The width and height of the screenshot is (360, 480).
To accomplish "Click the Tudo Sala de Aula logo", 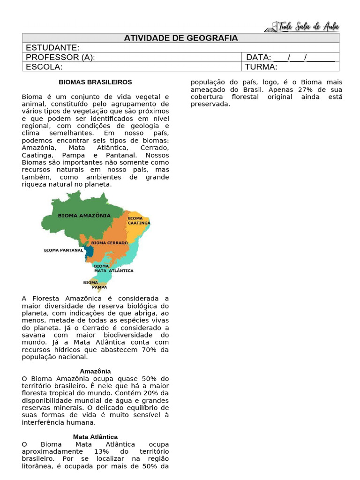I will tap(302, 26).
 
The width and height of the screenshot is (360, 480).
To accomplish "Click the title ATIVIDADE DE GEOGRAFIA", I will tap(181, 38).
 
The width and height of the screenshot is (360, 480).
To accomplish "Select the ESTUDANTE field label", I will tap(52, 47).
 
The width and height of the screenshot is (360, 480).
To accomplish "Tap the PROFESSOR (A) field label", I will tap(60, 57).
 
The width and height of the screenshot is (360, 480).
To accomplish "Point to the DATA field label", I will tap(259, 57).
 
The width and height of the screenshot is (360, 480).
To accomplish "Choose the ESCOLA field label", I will tap(44, 67).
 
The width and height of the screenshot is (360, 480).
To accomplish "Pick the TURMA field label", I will tap(261, 67).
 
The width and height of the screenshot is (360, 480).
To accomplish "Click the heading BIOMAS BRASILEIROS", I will tap(95, 82).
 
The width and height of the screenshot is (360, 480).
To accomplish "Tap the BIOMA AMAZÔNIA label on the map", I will tap(84, 216).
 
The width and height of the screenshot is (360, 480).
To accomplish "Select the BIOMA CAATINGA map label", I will tap(139, 221).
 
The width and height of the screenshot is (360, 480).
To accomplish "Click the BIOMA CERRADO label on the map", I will tap(109, 243).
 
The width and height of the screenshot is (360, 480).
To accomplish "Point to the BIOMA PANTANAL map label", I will tap(63, 250).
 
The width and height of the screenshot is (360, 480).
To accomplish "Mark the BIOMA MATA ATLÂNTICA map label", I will tap(113, 268).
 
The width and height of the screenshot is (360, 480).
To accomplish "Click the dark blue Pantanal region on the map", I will tap(89, 251).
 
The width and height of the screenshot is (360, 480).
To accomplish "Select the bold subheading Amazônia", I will tap(95, 371).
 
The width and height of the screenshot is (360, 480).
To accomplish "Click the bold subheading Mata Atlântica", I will tap(95, 437).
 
